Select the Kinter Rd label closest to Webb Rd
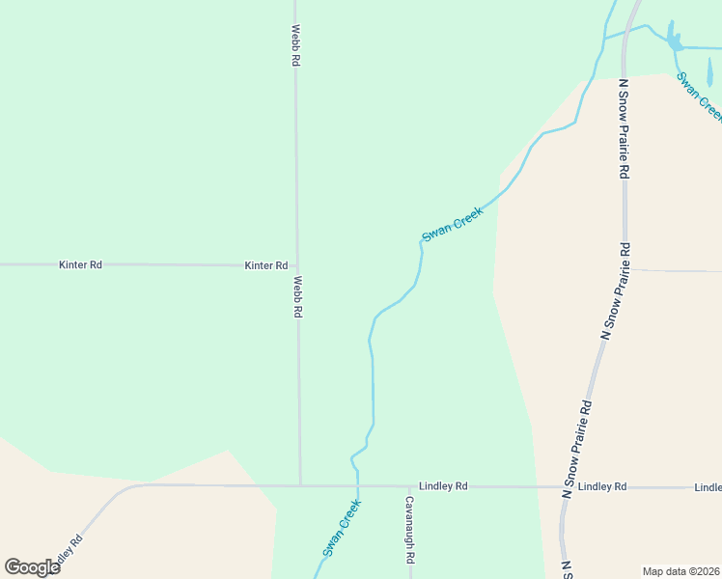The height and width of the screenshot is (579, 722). [x=266, y=265]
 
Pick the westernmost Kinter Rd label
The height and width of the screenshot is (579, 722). [x=80, y=264]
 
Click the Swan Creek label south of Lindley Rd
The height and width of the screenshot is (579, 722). [x=342, y=527]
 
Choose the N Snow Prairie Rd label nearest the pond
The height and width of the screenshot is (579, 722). [x=625, y=128]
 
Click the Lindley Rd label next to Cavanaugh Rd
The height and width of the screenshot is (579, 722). [x=443, y=486]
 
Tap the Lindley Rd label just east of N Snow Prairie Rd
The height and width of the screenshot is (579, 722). [x=602, y=487]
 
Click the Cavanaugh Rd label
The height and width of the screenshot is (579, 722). [x=410, y=530]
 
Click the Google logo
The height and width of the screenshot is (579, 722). [x=32, y=566]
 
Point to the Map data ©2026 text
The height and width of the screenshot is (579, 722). [x=680, y=571]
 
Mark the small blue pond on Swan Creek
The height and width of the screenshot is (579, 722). [x=674, y=41]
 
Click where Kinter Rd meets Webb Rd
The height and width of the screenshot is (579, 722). [x=296, y=265]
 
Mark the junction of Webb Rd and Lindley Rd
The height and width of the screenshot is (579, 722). [x=300, y=485]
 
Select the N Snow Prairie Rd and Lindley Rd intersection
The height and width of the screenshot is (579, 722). [x=565, y=487]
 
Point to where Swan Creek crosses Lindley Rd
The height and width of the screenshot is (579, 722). [x=358, y=486]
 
